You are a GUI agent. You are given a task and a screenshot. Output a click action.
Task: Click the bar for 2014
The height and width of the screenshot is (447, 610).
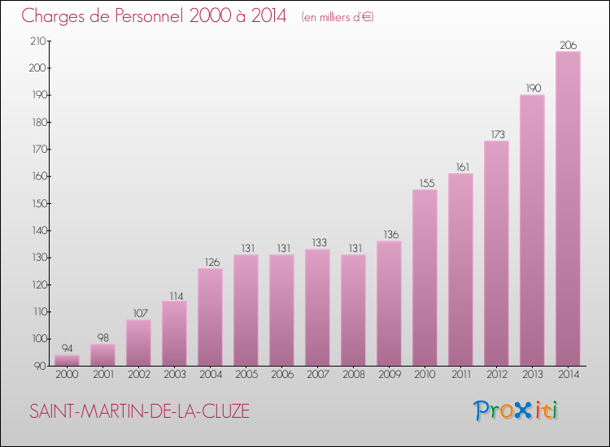(x=568, y=209)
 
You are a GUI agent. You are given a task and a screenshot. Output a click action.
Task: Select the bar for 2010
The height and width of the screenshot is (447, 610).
(x=425, y=278)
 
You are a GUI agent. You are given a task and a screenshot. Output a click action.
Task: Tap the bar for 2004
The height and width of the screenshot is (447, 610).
(x=210, y=317)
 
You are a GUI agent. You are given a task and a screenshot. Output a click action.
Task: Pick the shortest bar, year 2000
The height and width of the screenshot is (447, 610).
(x=67, y=360)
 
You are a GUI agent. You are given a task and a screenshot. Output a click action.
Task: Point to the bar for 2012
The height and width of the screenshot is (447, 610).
(x=496, y=254)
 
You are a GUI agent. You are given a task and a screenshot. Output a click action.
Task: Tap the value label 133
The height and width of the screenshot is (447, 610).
(x=317, y=243)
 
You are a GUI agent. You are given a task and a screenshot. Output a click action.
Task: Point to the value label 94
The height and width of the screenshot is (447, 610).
(x=67, y=349)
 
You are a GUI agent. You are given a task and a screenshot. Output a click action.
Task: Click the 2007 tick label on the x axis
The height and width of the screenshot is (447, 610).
(x=317, y=375)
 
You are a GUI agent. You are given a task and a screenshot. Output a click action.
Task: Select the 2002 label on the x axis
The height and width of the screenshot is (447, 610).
(x=138, y=375)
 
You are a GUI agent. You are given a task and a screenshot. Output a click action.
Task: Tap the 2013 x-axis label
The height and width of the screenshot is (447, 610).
(x=532, y=375)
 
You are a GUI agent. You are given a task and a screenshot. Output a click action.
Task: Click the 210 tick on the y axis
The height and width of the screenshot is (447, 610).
(x=37, y=41)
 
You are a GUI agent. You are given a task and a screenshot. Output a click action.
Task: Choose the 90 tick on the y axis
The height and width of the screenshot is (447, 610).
(x=40, y=366)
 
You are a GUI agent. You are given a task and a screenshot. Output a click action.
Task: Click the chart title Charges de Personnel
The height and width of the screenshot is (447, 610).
(x=155, y=15)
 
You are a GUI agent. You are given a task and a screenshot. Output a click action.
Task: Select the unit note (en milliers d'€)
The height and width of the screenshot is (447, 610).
(x=337, y=17)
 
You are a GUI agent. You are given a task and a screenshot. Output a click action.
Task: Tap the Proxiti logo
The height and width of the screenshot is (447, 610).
(x=516, y=410)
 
